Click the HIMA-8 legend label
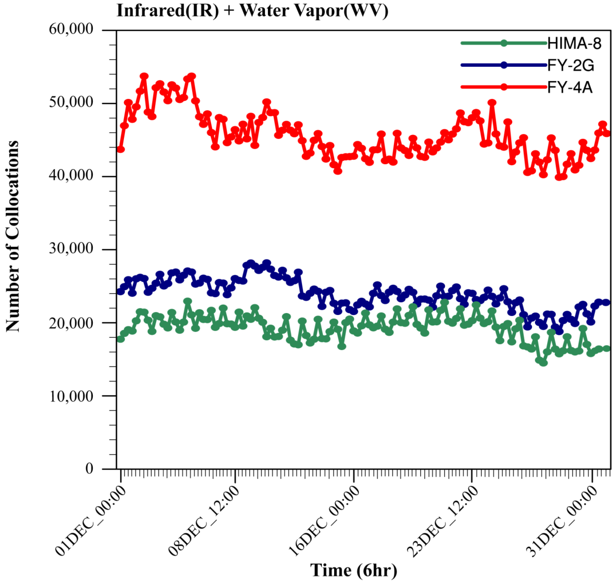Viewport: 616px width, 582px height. tap(574, 44)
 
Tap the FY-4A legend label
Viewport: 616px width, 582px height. tap(570, 88)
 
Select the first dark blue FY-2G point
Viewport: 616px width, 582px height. tap(121, 292)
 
